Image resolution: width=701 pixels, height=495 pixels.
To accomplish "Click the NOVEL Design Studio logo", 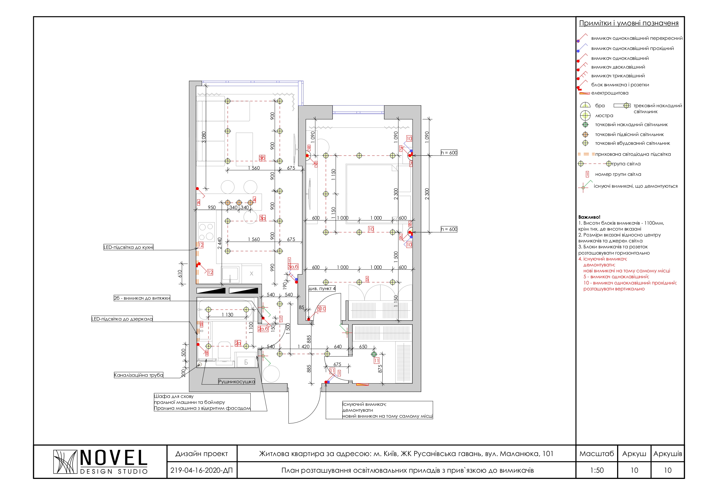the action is [x=101, y=462].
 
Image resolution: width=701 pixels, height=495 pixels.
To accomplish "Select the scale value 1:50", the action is [x=597, y=470].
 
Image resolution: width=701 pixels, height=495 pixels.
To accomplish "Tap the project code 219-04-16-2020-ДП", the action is [x=201, y=470].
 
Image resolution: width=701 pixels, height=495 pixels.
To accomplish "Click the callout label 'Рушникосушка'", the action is [x=236, y=382].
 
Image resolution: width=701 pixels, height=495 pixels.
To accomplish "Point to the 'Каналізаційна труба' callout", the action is [x=139, y=375].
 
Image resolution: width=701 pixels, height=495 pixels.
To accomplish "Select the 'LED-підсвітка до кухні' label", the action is [x=129, y=247].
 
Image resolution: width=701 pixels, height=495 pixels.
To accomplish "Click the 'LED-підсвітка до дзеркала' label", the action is [x=122, y=319].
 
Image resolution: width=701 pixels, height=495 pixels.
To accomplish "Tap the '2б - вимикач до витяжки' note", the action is [x=142, y=298].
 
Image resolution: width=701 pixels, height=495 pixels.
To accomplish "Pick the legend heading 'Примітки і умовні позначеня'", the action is [x=629, y=23].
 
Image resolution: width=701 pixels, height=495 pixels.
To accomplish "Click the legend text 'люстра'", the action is [x=604, y=116].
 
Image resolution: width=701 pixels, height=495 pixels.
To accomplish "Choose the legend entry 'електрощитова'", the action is [x=610, y=93].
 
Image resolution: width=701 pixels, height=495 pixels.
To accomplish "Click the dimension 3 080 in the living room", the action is [x=204, y=137].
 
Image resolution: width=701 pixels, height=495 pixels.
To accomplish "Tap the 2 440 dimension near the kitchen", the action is [x=220, y=243].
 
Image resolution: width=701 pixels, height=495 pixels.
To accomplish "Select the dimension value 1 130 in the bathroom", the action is [x=227, y=315].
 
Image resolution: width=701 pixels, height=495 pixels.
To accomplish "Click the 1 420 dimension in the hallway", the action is [x=303, y=347].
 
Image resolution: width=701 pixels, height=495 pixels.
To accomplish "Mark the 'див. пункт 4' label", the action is [x=322, y=288].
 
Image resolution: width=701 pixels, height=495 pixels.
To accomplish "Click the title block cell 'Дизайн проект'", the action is [x=201, y=454].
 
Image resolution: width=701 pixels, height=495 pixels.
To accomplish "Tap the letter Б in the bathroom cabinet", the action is [x=246, y=362].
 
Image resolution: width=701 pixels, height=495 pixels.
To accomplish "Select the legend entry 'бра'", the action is [x=600, y=106].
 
